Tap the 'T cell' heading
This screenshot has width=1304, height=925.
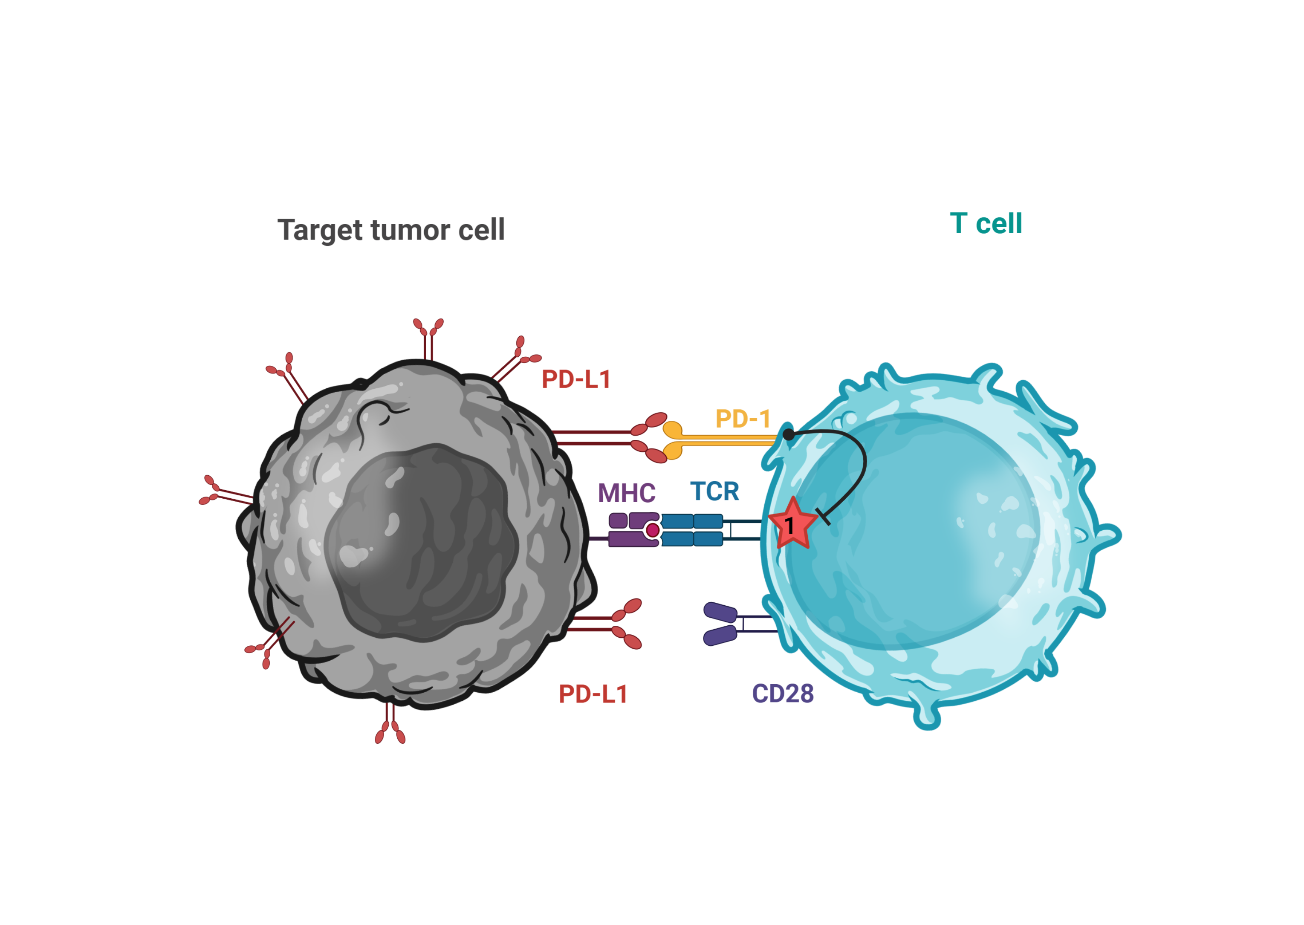(986, 223)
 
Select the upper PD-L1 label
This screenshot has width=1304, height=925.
(576, 379)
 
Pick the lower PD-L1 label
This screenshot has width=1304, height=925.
(593, 694)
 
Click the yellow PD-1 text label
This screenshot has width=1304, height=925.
(743, 419)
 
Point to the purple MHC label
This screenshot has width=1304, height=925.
(626, 493)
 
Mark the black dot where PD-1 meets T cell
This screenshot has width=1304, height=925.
(788, 435)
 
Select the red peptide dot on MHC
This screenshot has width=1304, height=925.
(653, 530)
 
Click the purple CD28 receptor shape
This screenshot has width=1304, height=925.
(720, 624)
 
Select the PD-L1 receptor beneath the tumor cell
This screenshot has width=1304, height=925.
(390, 726)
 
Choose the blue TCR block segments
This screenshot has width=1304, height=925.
(692, 530)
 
